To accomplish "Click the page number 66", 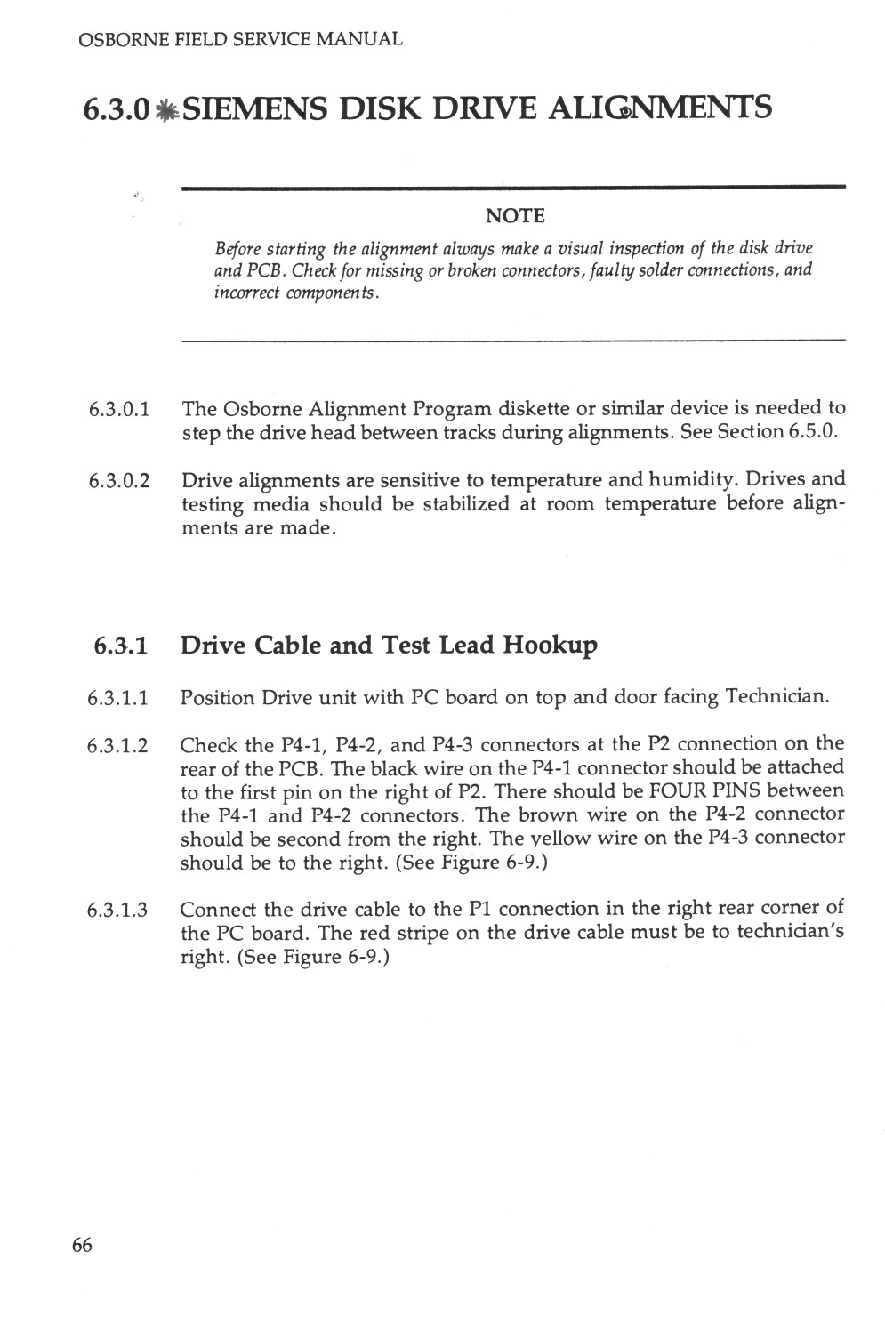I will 81,1245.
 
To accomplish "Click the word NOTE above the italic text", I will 515,216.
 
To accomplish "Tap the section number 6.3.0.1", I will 118,410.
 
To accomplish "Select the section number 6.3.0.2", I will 118,481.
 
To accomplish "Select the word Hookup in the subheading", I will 550,644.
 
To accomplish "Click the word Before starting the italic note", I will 235,247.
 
